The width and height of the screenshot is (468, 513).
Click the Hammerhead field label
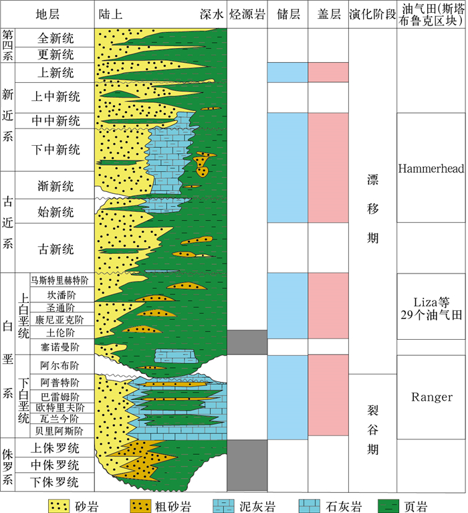click(431, 169)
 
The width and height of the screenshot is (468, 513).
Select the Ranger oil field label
click(431, 397)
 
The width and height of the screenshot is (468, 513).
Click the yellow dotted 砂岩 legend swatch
click(64, 504)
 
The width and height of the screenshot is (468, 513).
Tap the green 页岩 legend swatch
click(392, 504)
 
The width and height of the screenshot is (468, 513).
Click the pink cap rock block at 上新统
click(328, 72)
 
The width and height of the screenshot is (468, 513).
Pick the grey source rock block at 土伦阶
click(247, 342)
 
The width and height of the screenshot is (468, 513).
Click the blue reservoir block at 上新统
click(287, 72)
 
